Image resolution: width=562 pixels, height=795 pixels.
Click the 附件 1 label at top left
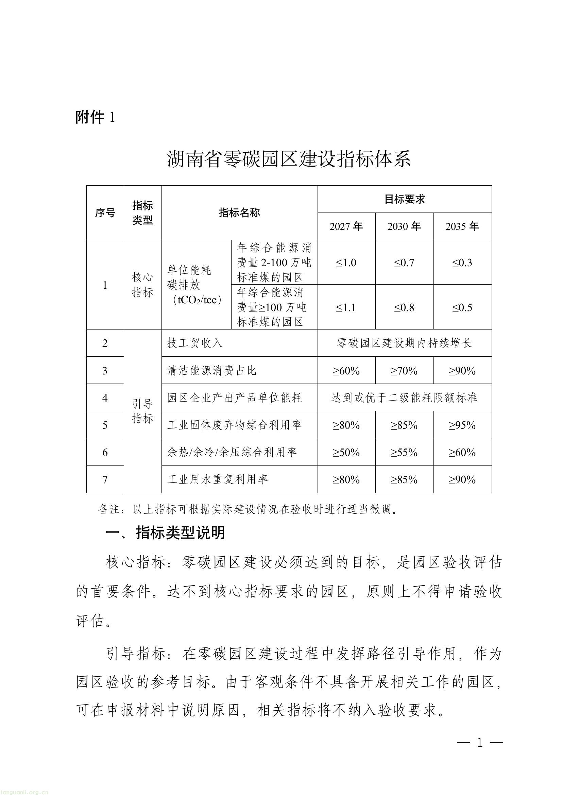click(x=95, y=117)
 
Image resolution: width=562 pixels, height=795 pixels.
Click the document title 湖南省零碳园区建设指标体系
click(x=289, y=159)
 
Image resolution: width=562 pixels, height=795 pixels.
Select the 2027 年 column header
click(x=346, y=226)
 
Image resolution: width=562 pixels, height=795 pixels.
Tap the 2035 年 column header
click(x=462, y=226)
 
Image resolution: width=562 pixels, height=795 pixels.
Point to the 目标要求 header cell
click(x=404, y=200)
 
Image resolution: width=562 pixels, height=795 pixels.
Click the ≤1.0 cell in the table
click(x=346, y=263)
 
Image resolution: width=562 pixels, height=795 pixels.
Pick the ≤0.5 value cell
click(x=462, y=307)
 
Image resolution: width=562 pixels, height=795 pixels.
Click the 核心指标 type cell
click(x=142, y=285)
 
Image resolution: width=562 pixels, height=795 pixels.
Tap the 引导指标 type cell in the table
click(x=142, y=411)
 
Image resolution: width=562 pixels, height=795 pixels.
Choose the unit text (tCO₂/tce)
click(x=197, y=300)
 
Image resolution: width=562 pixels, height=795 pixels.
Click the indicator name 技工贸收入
click(x=194, y=343)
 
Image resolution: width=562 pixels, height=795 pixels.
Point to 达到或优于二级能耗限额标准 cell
click(x=404, y=398)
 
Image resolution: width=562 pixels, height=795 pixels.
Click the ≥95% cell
click(x=462, y=425)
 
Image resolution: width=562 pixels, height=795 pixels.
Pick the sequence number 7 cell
click(x=105, y=479)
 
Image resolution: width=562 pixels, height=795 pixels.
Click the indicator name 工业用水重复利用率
click(x=218, y=479)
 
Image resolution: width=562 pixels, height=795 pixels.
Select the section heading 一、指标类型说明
click(x=165, y=533)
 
